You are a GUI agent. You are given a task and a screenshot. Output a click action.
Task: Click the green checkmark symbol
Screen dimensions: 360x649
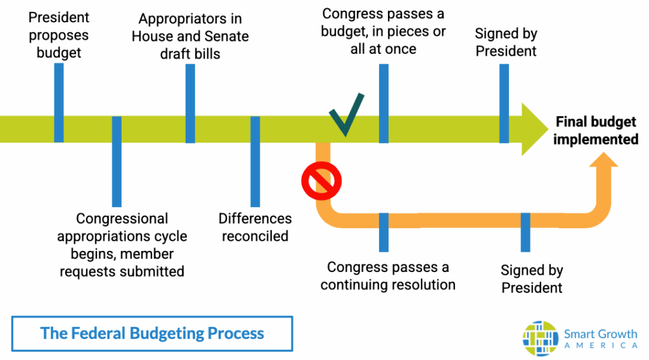pos(346,115)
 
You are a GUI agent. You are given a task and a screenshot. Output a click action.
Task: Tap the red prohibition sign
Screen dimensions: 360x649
pos(317,181)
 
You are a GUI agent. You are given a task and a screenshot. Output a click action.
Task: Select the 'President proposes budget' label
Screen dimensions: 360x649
pos(59,35)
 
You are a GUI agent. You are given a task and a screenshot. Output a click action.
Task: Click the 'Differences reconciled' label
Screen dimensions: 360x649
pos(255,228)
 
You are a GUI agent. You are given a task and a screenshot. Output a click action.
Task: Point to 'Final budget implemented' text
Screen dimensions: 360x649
pos(595,131)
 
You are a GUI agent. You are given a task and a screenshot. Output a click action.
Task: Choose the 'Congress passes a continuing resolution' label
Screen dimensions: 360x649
pos(388,276)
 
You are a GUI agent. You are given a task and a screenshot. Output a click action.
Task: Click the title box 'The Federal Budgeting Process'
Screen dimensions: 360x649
pos(152,333)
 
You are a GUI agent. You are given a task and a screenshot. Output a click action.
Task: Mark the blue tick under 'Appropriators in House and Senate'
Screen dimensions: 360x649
pos(190,103)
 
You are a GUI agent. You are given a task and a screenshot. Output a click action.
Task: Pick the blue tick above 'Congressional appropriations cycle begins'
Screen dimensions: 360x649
pos(117,161)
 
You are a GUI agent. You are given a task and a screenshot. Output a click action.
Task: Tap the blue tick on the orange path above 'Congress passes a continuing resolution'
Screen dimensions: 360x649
pos(383,232)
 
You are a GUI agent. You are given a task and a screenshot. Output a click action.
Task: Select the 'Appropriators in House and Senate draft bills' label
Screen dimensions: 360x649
pos(190,36)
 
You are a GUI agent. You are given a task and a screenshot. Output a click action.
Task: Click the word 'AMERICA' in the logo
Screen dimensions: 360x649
pos(600,345)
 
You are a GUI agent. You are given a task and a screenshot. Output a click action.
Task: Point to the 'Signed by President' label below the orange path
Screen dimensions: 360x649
pos(532,279)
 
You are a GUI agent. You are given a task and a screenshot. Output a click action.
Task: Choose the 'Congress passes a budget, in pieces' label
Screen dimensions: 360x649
pos(383,31)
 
